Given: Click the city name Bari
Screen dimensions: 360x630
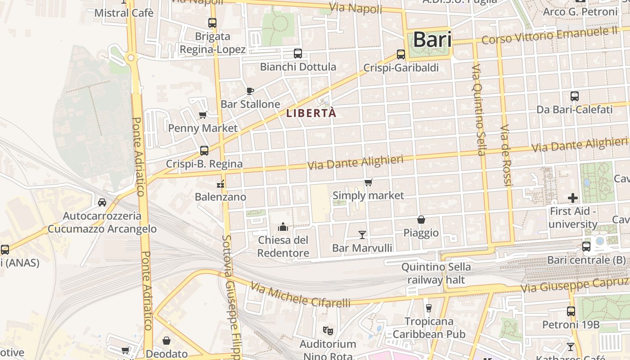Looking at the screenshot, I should [432, 40].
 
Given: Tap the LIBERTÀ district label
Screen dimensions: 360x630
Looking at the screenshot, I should [311, 113].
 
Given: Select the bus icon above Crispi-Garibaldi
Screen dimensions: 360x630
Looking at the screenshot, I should [401, 54].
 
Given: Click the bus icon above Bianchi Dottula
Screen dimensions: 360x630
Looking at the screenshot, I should [297, 54].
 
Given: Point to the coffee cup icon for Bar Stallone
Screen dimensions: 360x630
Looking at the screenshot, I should [250, 91].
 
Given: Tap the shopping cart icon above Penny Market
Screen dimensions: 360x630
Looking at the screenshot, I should [203, 115].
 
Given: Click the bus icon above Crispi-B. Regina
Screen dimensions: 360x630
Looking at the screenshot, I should [204, 151].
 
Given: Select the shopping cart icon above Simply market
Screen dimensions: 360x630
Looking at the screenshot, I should [369, 182].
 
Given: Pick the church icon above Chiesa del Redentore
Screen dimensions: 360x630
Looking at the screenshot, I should [283, 226].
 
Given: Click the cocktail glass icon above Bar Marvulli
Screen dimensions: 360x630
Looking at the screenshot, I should [362, 234].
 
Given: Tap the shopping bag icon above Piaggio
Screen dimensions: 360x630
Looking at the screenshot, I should [421, 220].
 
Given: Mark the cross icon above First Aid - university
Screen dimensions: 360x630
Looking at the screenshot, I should [572, 198].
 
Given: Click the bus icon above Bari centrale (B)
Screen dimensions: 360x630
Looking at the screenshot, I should [586, 247].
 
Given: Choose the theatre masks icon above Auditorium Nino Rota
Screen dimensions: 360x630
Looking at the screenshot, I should [328, 331].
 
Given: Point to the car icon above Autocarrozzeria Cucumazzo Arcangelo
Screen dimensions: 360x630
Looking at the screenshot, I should [102, 202].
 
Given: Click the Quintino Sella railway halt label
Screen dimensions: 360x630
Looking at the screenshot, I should [436, 273].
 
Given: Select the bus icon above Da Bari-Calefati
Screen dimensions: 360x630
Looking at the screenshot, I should [574, 96].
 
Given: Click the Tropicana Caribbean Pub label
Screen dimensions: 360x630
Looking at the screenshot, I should [429, 328].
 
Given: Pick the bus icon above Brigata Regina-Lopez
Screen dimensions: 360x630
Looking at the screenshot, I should [212, 22].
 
